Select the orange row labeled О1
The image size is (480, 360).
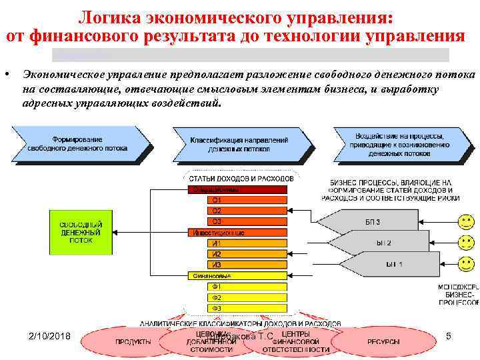(247, 200)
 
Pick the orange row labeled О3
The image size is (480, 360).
(247, 221)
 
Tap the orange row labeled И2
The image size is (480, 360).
(247, 254)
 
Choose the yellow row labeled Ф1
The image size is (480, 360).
(247, 287)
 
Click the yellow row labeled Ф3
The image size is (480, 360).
(247, 308)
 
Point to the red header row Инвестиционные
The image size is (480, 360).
(238, 232)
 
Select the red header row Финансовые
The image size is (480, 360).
(238, 275)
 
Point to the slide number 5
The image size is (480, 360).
(449, 337)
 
